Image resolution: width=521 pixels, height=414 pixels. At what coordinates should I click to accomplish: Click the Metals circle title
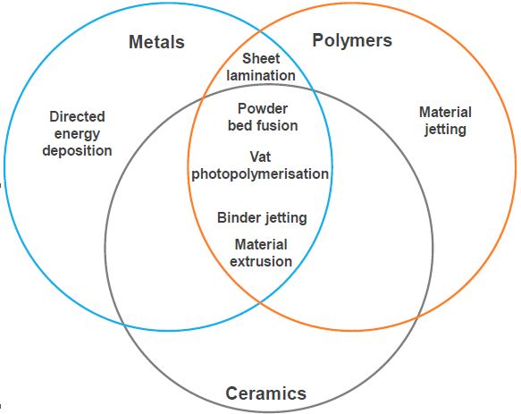(x=156, y=42)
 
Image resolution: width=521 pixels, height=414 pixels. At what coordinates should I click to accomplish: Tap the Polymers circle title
(x=352, y=41)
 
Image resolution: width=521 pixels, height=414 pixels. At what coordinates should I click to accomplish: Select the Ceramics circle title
(x=265, y=393)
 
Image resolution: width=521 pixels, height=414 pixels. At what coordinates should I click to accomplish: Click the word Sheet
(x=261, y=58)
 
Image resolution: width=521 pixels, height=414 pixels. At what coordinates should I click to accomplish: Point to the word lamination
(x=261, y=75)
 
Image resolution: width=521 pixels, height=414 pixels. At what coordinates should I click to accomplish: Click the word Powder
(x=263, y=109)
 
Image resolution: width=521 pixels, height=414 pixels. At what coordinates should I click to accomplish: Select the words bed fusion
(x=263, y=126)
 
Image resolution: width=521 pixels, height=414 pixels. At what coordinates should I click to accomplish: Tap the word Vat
(x=260, y=157)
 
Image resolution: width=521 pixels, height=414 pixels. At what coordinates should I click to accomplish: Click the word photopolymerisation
(x=260, y=174)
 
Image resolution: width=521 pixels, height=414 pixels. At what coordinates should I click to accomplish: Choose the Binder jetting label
(x=262, y=218)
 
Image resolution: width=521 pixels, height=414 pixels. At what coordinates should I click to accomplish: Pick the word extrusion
(x=261, y=261)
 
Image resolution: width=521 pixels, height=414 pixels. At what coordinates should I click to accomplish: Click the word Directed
(x=77, y=117)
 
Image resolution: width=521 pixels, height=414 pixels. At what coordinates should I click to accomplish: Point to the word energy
(x=77, y=134)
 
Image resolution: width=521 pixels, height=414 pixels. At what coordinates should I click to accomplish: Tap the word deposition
(x=77, y=151)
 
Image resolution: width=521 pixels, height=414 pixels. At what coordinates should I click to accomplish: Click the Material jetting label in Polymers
(x=445, y=121)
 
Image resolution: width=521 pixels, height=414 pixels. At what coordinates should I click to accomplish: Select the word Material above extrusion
(x=261, y=245)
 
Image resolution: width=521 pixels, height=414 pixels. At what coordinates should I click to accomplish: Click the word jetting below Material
(x=445, y=130)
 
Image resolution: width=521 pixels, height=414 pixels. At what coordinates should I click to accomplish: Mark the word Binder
(x=239, y=218)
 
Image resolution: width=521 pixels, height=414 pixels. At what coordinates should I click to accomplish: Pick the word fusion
(x=279, y=126)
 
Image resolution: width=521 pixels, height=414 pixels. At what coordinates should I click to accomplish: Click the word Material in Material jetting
(x=445, y=112)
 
